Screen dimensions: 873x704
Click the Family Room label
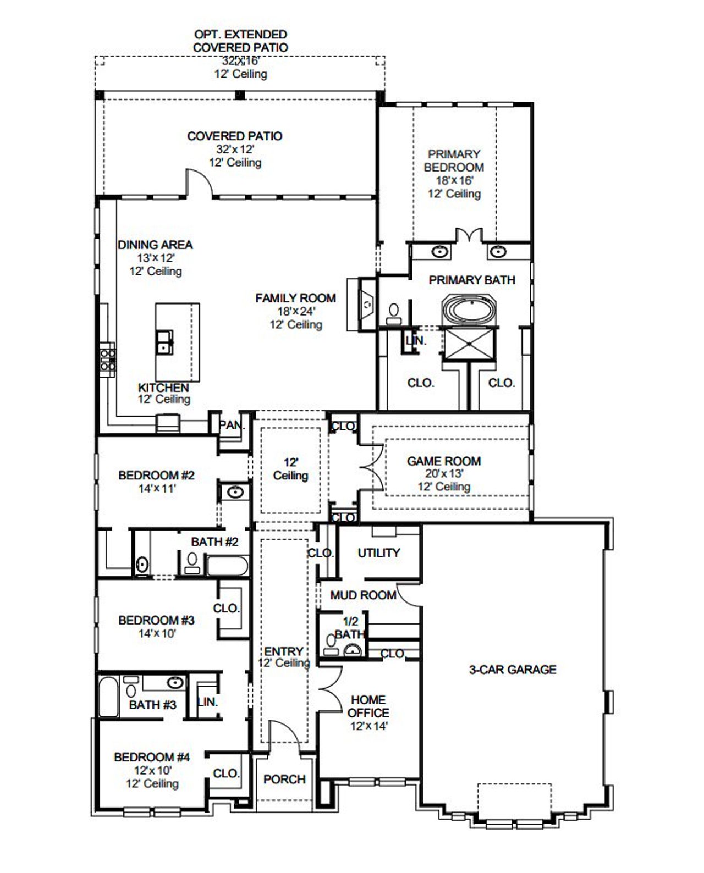pyautogui.click(x=295, y=298)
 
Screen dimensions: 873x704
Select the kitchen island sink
pyautogui.click(x=164, y=342)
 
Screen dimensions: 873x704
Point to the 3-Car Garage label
pyautogui.click(x=512, y=669)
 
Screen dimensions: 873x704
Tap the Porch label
pyautogui.click(x=284, y=779)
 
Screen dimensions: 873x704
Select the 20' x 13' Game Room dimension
pyautogui.click(x=443, y=474)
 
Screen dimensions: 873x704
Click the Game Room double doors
pyautogui.click(x=369, y=468)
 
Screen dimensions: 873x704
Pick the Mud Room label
pyautogui.click(x=363, y=595)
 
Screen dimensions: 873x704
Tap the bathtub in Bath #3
pyautogui.click(x=107, y=697)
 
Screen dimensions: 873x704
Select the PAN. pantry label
pyautogui.click(x=232, y=425)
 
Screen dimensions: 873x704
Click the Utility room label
pyautogui.click(x=379, y=552)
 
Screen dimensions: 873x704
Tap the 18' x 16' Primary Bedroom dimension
pyautogui.click(x=454, y=180)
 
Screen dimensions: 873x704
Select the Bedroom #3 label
pyautogui.click(x=156, y=620)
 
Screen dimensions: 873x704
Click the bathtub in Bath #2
pyautogui.click(x=227, y=565)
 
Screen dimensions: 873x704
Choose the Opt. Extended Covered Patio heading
pyautogui.click(x=240, y=41)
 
